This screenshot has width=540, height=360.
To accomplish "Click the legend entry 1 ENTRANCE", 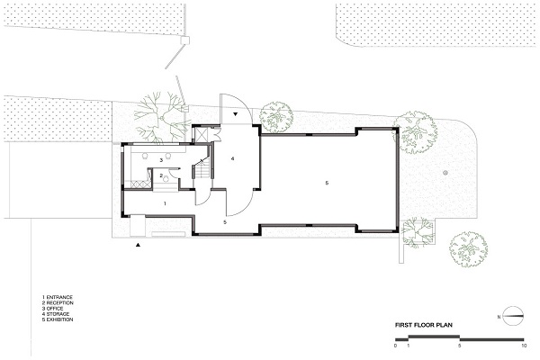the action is pos(58,297).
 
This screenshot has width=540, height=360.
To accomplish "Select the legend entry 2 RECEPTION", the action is pos(58,302).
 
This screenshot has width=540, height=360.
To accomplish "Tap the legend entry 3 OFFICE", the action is pos(53,309).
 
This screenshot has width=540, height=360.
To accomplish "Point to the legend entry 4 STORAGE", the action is pos(56,314).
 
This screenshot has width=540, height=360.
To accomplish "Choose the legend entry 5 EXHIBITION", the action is pos(58,319).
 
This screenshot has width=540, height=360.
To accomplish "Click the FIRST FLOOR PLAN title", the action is pos(424,325).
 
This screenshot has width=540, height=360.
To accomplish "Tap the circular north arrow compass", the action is pos(513,316).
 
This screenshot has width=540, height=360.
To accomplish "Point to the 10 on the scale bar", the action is pos(524,346).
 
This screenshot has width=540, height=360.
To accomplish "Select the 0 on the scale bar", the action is pos(396,346).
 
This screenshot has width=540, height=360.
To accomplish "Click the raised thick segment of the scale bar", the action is pos(434,336).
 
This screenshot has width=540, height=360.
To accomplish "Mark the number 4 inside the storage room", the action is pos(233,158).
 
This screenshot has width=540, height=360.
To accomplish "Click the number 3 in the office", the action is pos(161,160).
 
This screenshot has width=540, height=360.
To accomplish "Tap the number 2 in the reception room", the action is pos(161,175).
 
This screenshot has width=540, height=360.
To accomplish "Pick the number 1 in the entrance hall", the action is pos(165,203).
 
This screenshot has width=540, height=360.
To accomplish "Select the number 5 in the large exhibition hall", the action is pos(327,183).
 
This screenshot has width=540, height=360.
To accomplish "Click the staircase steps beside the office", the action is pos(202,171).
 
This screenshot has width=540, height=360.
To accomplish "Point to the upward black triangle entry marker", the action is pos(138,245).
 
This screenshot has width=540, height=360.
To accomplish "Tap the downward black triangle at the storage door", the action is pos(236,114).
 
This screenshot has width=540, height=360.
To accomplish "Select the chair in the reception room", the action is pos(166,178).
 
